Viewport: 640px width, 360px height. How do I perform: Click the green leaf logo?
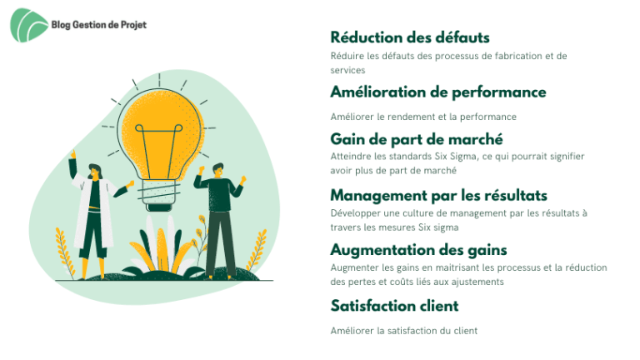pos(28,25)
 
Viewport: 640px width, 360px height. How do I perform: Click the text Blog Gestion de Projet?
pos(99,25)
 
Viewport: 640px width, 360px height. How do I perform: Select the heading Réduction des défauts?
pos(410,37)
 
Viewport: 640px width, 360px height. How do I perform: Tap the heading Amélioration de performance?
pos(438,92)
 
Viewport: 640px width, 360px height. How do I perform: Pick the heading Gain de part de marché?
pos(417,140)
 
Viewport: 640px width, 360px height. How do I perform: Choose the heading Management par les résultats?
pos(439,196)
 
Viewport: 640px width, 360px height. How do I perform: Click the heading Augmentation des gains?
pos(419,250)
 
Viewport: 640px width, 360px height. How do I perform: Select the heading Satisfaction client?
pos(394,306)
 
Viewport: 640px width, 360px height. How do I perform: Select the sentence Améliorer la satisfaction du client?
pos(403,331)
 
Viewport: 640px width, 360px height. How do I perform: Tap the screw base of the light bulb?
pos(159,195)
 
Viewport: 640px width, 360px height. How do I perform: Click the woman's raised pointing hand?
pos(73,154)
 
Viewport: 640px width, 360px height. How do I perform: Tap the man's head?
pos(218,170)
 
